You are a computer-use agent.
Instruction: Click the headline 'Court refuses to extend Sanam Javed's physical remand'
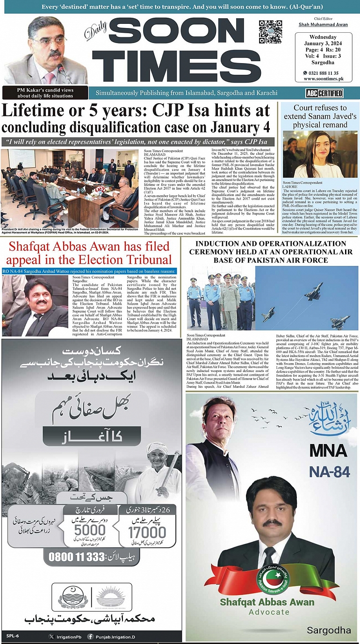(x=320, y=116)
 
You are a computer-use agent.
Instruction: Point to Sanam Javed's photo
(x=320, y=154)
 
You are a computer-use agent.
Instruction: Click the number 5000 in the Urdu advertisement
(x=90, y=530)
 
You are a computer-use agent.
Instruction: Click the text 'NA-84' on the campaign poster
(x=329, y=472)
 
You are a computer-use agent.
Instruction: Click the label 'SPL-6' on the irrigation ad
(x=13, y=636)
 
